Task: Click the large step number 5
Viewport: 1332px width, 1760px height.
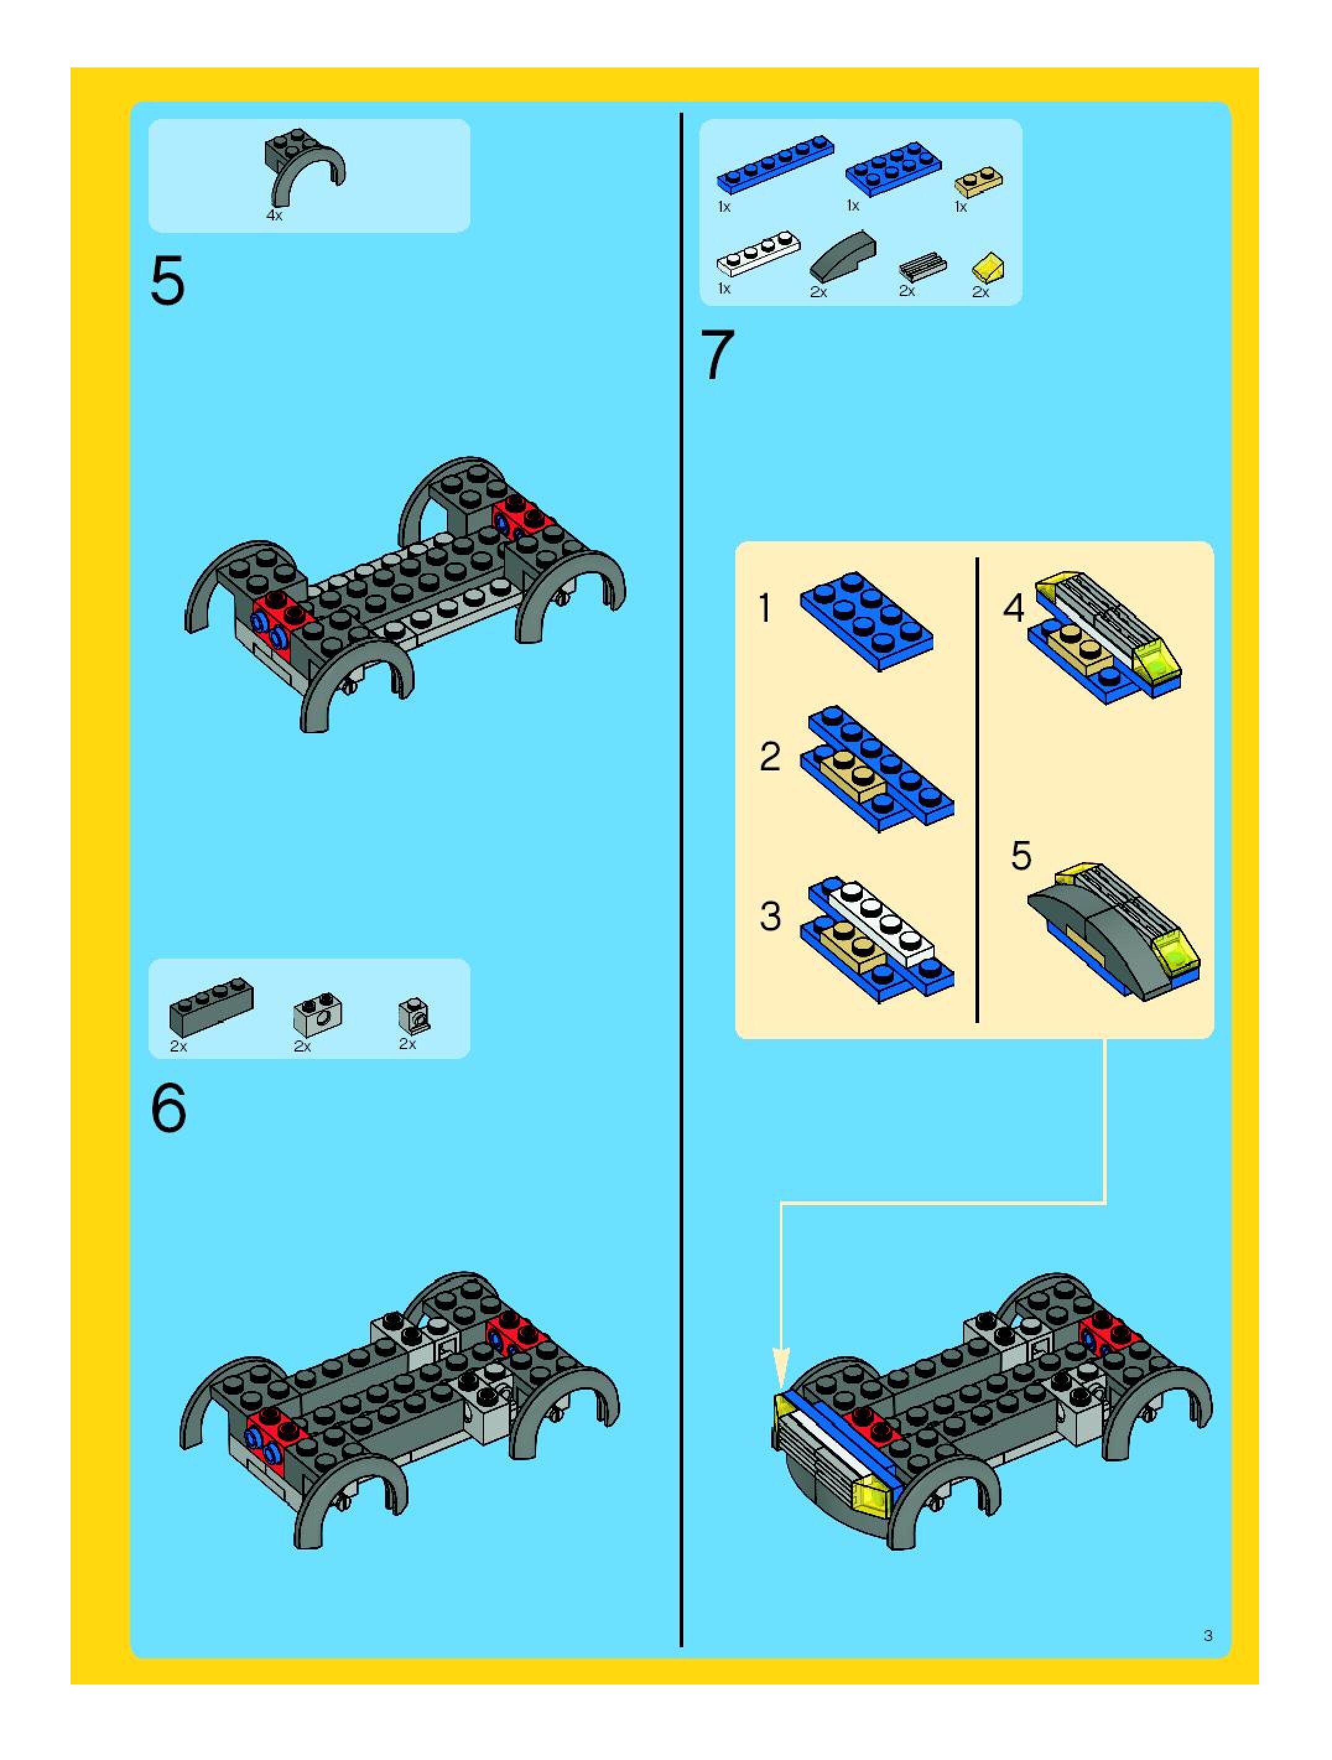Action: (x=167, y=281)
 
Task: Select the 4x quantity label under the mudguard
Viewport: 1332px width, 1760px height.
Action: (x=274, y=216)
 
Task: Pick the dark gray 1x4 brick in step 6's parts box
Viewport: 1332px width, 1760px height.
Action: (x=212, y=1006)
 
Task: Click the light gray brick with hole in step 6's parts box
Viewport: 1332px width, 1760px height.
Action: (x=318, y=1015)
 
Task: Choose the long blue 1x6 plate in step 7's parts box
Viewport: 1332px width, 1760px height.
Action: (x=776, y=162)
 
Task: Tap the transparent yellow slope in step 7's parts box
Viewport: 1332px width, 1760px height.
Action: (x=988, y=268)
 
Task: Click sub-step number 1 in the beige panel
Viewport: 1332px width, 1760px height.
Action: (x=764, y=609)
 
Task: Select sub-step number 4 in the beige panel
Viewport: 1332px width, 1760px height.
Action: (x=1013, y=609)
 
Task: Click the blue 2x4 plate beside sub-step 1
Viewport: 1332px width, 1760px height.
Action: (x=867, y=621)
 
